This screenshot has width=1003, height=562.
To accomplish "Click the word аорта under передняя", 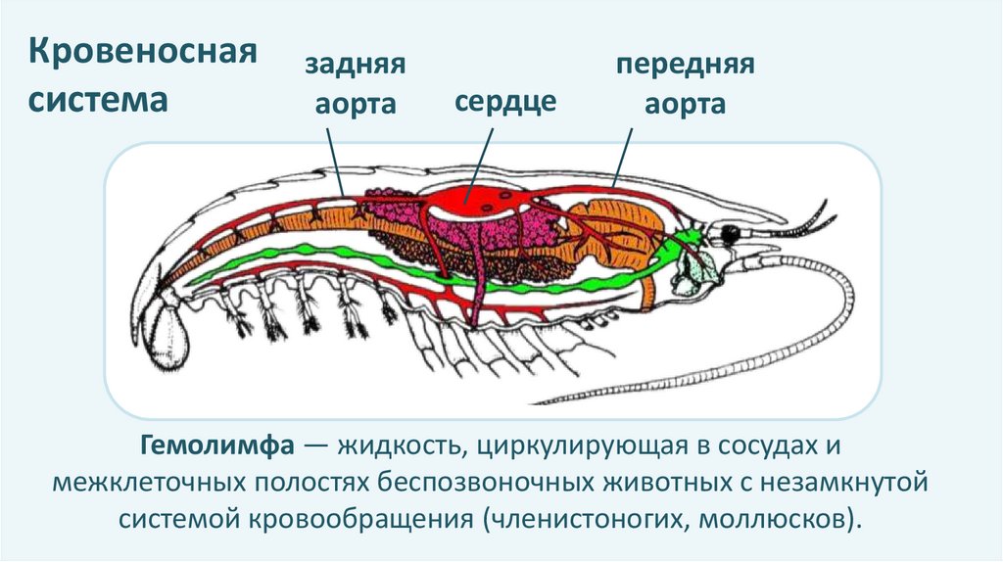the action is point(685,105).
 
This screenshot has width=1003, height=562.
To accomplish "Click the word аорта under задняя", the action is point(355,105).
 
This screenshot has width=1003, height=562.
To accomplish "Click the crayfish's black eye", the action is point(730,235).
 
